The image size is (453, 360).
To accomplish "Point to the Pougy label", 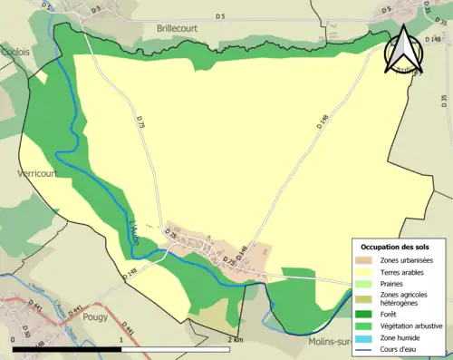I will pyautogui.click(x=94, y=317).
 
